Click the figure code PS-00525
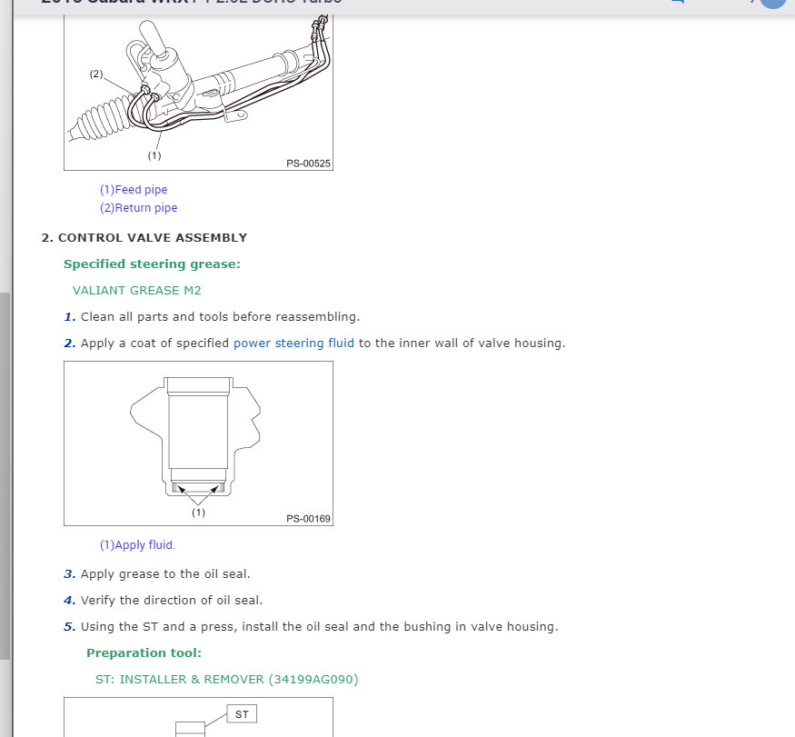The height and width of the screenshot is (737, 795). (x=308, y=164)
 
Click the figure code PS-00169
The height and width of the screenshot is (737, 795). (x=308, y=519)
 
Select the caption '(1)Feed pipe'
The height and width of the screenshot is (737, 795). (x=134, y=190)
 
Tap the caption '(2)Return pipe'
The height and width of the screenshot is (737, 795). (x=138, y=208)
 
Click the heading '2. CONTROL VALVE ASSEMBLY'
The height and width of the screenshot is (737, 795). (x=144, y=238)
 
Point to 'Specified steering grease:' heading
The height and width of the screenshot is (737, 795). (x=152, y=264)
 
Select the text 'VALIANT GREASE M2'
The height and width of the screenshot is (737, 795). (x=136, y=291)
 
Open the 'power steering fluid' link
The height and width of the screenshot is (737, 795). (x=293, y=344)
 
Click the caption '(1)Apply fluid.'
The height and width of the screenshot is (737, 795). (x=137, y=545)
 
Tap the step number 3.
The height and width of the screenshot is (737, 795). (x=69, y=574)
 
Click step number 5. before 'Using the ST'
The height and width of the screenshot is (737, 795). (x=69, y=627)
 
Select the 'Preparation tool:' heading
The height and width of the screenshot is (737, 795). (x=144, y=653)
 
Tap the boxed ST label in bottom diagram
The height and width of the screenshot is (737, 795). (x=242, y=714)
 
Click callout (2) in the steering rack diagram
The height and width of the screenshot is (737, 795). (x=95, y=74)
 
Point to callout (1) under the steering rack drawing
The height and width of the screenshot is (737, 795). (x=154, y=155)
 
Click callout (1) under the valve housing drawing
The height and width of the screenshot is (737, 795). (x=198, y=513)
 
